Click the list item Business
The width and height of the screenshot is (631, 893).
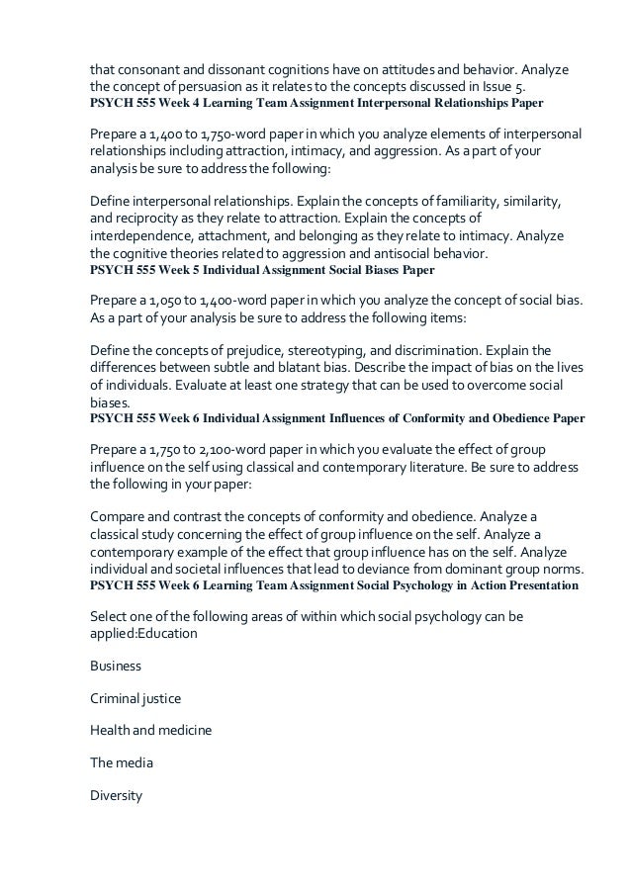115,666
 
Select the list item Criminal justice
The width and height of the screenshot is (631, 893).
135,698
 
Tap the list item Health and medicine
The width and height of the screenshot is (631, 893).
150,731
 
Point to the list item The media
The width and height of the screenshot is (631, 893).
121,763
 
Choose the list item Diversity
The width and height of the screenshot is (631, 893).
116,795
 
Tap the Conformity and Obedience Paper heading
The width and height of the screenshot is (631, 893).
337,418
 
